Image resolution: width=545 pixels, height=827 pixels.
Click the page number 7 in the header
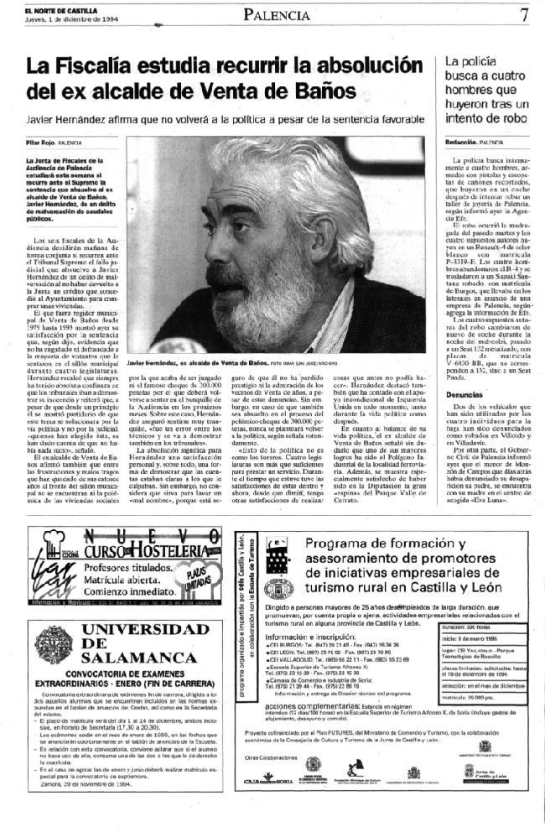(523, 14)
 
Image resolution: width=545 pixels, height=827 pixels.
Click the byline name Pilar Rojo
(40, 143)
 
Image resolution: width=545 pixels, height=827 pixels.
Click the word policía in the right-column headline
(480, 61)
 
